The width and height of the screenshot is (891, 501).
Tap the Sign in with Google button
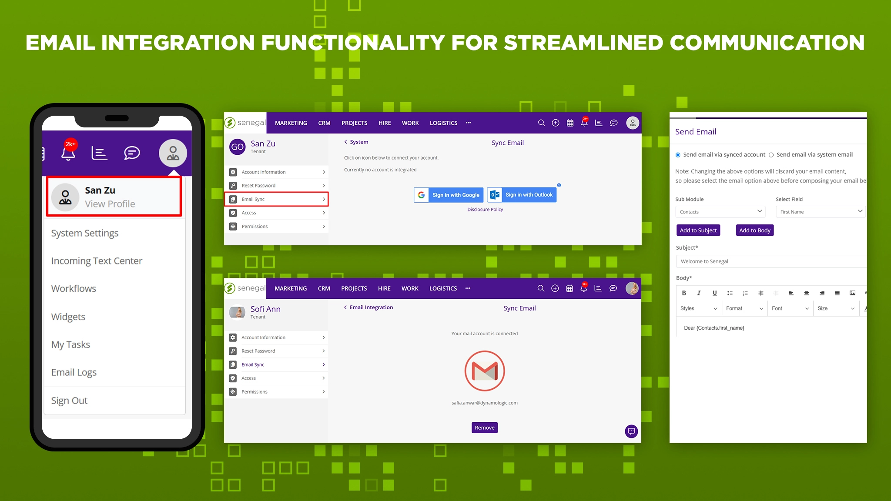(449, 195)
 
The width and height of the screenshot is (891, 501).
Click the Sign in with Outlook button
(522, 195)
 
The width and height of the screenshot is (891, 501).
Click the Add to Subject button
(698, 230)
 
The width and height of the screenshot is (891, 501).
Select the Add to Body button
(755, 230)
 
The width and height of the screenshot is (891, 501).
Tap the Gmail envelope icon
(485, 371)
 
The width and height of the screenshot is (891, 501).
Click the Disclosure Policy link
(485, 210)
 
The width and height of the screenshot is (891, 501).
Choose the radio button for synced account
(678, 155)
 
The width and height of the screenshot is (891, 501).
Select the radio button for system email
(771, 155)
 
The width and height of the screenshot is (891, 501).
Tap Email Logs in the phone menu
(74, 372)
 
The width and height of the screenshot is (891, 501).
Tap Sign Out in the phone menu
(69, 401)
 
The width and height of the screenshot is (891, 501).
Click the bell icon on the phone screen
(68, 153)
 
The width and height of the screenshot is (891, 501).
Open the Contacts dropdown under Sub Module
(720, 212)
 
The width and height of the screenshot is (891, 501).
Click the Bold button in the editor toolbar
(684, 293)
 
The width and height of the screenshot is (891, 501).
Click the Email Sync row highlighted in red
(276, 199)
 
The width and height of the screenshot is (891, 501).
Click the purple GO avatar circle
(238, 147)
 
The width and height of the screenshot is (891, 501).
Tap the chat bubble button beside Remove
(631, 431)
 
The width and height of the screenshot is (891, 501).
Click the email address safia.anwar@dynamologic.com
(485, 403)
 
